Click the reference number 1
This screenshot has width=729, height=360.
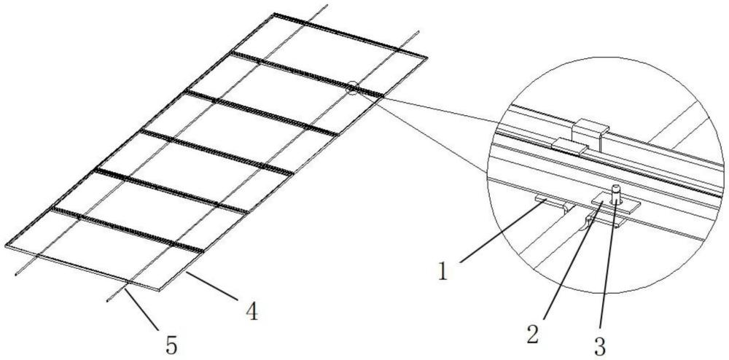point(443,272)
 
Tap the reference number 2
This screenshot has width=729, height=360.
point(532,334)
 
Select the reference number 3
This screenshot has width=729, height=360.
point(600,346)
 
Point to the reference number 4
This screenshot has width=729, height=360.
point(252,311)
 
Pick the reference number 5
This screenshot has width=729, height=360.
point(171,346)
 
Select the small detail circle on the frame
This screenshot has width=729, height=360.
point(352,87)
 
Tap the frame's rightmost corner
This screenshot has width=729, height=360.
point(426,58)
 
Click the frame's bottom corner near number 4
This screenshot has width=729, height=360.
point(158,290)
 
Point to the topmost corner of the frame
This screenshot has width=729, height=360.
point(275,13)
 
